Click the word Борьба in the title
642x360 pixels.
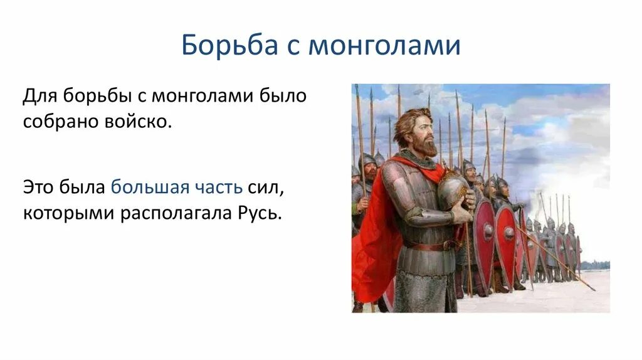[x=229, y=45]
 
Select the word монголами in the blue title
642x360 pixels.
[x=384, y=46]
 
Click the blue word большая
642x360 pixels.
[x=150, y=187]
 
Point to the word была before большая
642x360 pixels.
[x=82, y=187]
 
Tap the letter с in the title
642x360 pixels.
[x=293, y=46]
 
